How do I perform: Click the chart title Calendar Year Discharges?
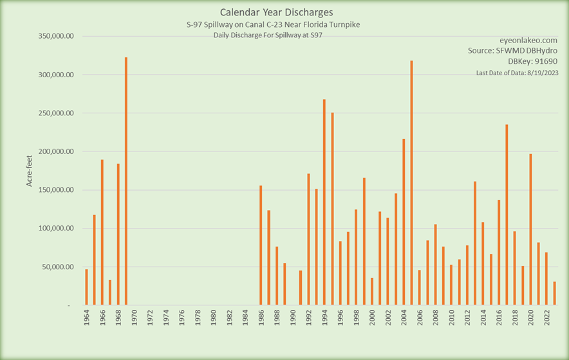[x=267, y=12]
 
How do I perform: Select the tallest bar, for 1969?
[x=126, y=180]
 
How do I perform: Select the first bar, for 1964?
[x=86, y=287]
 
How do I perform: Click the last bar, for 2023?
[x=554, y=293]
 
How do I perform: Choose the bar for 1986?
[x=261, y=245]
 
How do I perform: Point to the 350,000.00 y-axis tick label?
[x=54, y=36]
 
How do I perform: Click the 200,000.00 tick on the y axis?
[x=54, y=151]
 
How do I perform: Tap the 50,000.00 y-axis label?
[x=56, y=267]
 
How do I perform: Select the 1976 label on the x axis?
[x=182, y=319]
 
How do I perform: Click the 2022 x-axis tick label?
[x=546, y=319]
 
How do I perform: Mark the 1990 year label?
[x=293, y=319]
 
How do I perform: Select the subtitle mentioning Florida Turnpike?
[x=267, y=24]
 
